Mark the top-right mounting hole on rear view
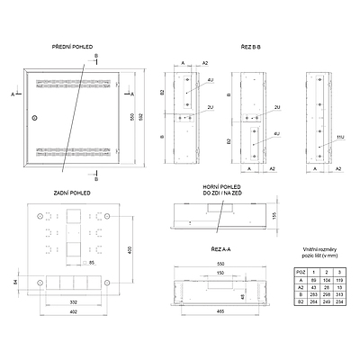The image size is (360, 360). click(x=108, y=217)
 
